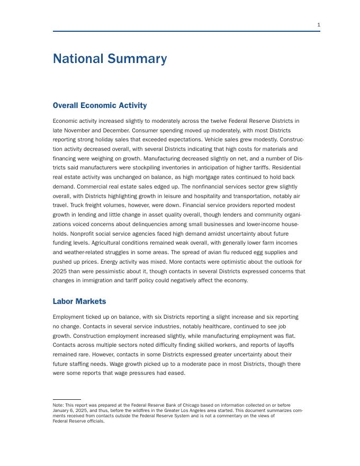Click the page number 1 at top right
[319, 25]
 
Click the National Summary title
[110, 59]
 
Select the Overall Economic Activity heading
[100, 105]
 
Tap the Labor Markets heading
[79, 301]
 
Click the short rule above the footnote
[67, 400]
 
